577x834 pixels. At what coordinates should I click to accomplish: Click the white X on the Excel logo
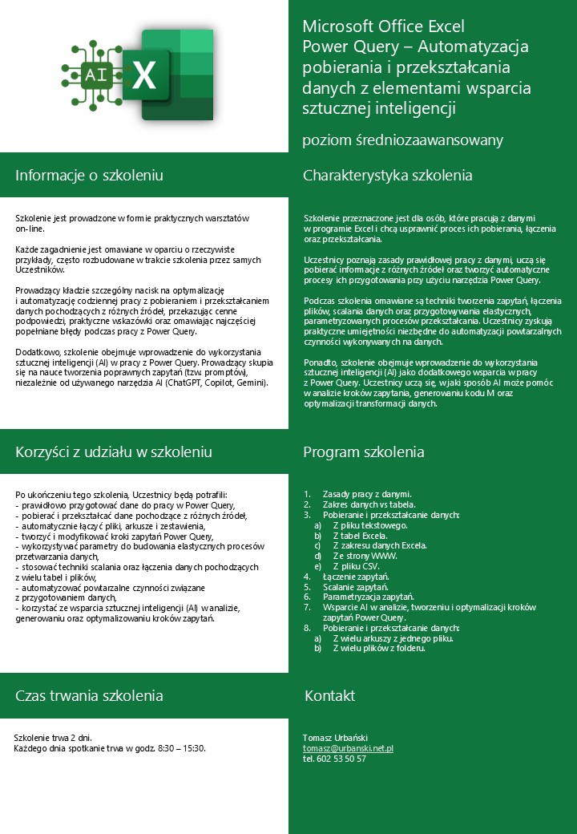(x=144, y=76)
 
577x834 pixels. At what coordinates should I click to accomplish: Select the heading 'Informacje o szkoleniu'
(x=89, y=176)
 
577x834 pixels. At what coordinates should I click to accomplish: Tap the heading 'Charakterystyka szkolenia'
(x=387, y=176)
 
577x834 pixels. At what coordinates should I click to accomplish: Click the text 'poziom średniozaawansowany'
(x=402, y=140)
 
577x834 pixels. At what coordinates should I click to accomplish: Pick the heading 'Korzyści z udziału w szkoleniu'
(x=113, y=452)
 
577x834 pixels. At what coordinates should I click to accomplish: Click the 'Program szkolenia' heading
(x=363, y=452)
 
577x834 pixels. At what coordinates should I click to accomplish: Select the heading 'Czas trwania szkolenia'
(x=89, y=695)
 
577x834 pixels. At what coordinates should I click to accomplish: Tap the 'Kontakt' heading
(x=329, y=695)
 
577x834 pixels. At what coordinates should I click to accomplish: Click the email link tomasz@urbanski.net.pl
(x=347, y=748)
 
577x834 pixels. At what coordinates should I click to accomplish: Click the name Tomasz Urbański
(x=334, y=737)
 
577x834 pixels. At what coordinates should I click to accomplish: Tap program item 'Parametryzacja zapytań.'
(x=368, y=597)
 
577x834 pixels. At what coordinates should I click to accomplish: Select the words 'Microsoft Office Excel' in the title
(x=383, y=27)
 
